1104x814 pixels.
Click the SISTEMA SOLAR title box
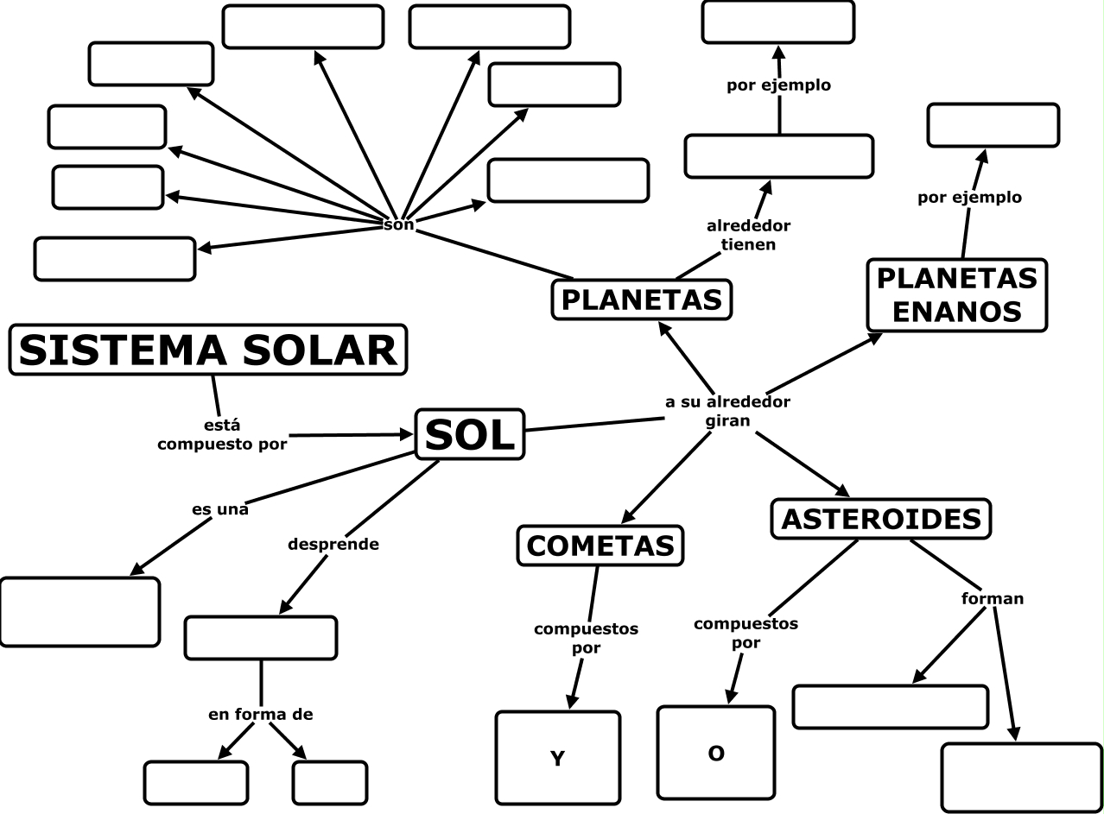pos(208,350)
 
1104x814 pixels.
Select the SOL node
pos(470,434)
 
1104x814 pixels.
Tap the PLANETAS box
pos(641,300)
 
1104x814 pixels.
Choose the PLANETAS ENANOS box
pos(956,294)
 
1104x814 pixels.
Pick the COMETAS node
pos(600,546)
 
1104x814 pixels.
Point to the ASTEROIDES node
pos(880,519)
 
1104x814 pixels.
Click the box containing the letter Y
pos(558,757)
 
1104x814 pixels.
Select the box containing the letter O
pos(715,753)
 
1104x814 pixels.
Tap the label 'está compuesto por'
pos(222,435)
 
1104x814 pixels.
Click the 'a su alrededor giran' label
pos(726,411)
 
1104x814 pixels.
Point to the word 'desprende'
pos(333,545)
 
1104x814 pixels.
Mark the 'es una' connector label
pos(220,509)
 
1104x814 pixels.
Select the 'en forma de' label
pos(260,714)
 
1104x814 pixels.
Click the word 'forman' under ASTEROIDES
pos(993,597)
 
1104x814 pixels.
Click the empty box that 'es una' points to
pos(79,611)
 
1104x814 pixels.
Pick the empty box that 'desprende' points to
pos(260,638)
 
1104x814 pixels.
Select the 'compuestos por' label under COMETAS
pos(586,637)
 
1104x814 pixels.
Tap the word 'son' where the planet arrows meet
pos(399,224)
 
